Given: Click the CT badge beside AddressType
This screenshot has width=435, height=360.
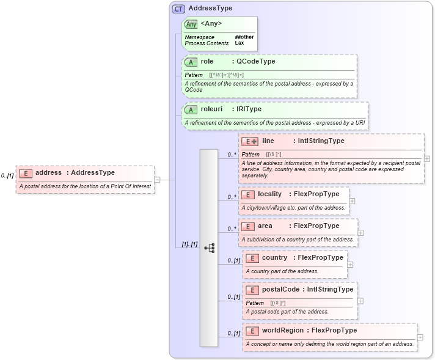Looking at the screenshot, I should tap(179, 9).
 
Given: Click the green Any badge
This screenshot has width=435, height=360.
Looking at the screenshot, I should tap(191, 24).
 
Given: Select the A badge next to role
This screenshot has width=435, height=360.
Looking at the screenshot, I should tap(191, 62).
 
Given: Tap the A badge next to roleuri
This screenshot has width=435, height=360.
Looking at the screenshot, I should tap(191, 109).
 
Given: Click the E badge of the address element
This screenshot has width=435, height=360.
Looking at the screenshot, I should tap(25, 173).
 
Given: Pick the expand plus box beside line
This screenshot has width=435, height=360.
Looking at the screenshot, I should tap(426, 158).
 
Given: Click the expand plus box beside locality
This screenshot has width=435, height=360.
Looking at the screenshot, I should tap(352, 200).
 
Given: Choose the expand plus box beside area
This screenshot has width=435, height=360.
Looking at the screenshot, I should tap(360, 232).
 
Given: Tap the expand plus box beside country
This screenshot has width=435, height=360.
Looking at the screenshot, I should tap(350, 264).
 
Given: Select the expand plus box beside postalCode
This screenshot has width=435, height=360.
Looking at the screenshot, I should tap(360, 301).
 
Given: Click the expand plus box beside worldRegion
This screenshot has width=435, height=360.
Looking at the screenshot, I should tap(420, 337).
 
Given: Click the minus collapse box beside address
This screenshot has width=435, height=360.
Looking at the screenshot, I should tap(157, 180).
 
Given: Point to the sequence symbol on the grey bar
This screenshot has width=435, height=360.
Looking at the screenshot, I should tap(209, 248).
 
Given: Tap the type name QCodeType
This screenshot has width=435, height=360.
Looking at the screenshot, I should tap(255, 62).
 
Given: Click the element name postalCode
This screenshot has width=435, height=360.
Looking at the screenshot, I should tap(280, 289).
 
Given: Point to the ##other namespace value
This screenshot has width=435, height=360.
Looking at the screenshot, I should tap(244, 37).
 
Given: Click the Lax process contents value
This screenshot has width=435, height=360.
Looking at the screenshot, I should tap(239, 43).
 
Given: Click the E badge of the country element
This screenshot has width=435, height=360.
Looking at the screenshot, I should tap(253, 258).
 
